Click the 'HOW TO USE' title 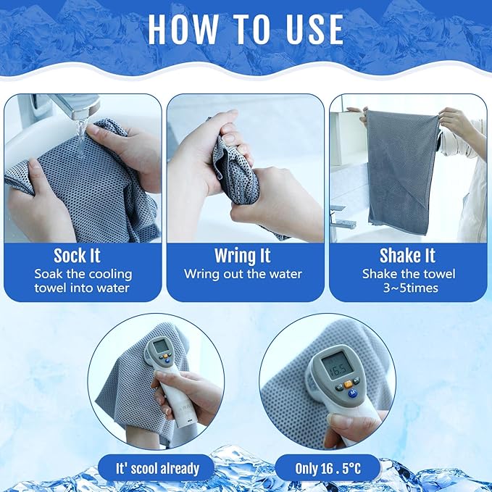click(246, 29)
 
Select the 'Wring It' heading click(243, 256)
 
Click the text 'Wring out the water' click(243, 274)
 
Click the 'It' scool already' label click(158, 468)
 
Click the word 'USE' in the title click(305, 29)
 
